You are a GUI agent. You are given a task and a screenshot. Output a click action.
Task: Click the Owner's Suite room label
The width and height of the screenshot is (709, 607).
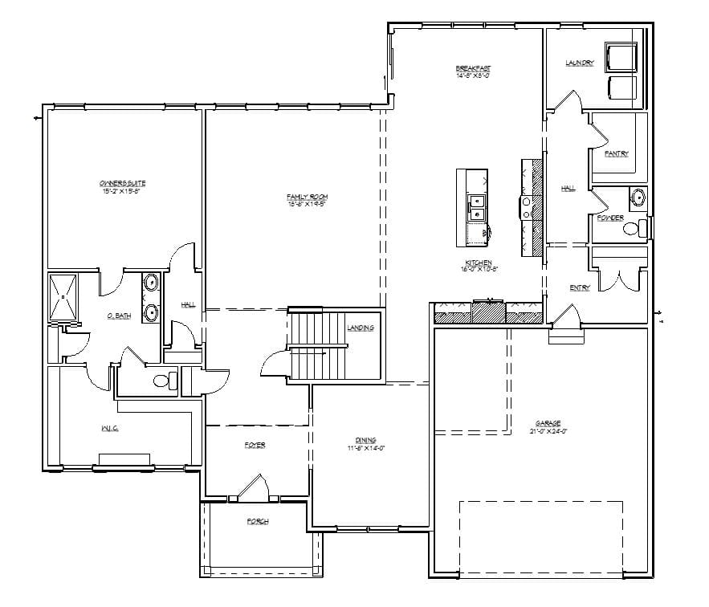pyautogui.click(x=124, y=184)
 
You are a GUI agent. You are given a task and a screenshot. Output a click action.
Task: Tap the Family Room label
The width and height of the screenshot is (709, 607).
pyautogui.click(x=308, y=197)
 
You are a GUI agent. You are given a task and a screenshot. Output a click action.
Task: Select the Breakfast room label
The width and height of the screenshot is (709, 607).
pyautogui.click(x=473, y=68)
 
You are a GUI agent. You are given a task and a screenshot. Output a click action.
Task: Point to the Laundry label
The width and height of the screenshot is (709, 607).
pyautogui.click(x=579, y=63)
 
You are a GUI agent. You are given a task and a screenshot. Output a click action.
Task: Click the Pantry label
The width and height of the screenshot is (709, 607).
pyautogui.click(x=617, y=153)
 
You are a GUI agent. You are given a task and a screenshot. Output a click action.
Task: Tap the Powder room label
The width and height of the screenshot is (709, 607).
pyautogui.click(x=610, y=218)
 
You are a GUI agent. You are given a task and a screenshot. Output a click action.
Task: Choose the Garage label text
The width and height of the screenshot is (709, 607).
pyautogui.click(x=549, y=423)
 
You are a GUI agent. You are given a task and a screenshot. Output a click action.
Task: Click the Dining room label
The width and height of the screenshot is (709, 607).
pyautogui.click(x=366, y=439)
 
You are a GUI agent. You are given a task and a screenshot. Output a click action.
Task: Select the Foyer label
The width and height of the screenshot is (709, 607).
pyautogui.click(x=255, y=445)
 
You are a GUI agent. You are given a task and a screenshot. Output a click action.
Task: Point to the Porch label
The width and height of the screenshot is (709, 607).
pyautogui.click(x=258, y=522)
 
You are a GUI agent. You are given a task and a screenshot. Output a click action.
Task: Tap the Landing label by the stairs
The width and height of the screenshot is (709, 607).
pyautogui.click(x=360, y=328)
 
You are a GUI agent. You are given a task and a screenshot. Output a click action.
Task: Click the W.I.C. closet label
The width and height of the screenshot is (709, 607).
pyautogui.click(x=110, y=429)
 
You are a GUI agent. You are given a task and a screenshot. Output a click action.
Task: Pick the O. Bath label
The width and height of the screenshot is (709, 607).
pyautogui.click(x=119, y=316)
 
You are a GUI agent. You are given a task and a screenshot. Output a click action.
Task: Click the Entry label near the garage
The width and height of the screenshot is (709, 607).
pyautogui.click(x=580, y=287)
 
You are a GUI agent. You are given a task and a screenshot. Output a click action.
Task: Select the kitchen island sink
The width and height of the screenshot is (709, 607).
pyautogui.click(x=476, y=208)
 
